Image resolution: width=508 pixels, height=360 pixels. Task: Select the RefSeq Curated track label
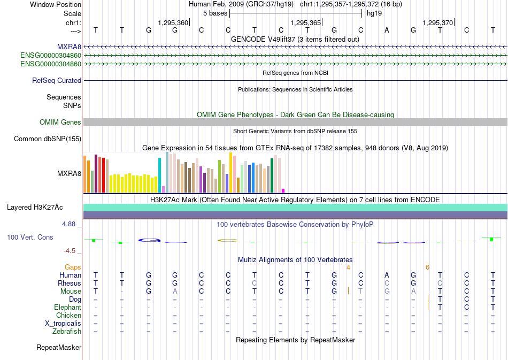[57, 81]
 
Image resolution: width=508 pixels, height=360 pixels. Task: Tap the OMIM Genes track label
[60, 122]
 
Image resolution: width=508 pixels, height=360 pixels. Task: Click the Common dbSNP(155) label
[48, 139]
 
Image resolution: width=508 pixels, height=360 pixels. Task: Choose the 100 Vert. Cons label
[30, 237]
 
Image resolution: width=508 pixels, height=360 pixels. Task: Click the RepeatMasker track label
[59, 348]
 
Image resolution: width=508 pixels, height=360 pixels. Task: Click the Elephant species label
[67, 308]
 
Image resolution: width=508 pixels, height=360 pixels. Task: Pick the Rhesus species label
[70, 283]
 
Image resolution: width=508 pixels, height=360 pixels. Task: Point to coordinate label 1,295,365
[305, 22]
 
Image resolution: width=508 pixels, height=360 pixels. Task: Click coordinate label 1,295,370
[437, 22]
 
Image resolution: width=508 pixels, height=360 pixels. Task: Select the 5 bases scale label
[214, 13]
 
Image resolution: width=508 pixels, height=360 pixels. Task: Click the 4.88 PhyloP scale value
[70, 224]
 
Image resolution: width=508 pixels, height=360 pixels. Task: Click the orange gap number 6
[427, 267]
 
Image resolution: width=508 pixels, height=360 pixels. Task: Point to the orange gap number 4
[348, 267]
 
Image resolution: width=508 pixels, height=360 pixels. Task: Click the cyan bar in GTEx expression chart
[159, 175]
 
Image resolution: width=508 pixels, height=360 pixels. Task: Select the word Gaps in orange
[73, 267]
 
